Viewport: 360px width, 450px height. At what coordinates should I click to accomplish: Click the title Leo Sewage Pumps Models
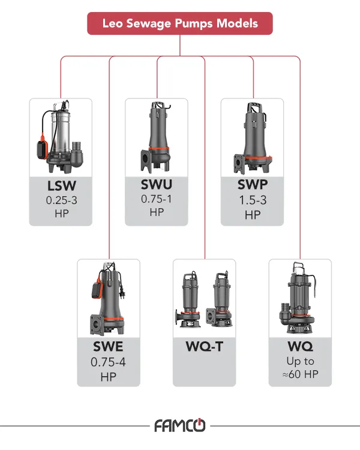180,24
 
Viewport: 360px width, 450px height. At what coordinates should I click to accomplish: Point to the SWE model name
108,347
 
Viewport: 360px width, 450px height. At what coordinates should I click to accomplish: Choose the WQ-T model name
204,347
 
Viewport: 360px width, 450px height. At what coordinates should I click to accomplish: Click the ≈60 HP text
300,376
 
